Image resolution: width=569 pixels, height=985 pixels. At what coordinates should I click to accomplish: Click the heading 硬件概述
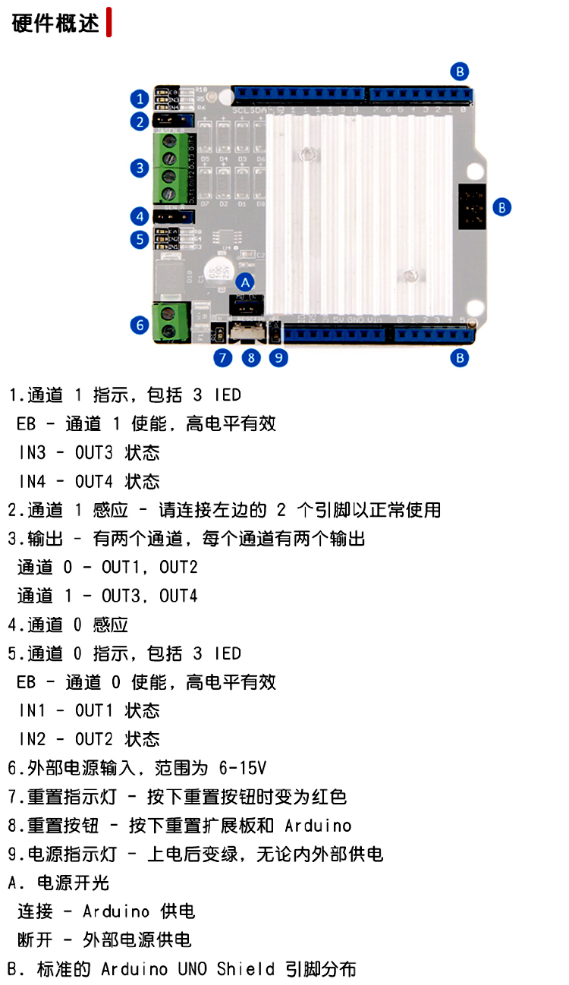click(x=55, y=23)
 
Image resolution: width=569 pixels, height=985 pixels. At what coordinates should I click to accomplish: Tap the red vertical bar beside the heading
click(x=109, y=22)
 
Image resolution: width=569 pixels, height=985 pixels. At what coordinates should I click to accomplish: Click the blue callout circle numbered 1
click(x=138, y=99)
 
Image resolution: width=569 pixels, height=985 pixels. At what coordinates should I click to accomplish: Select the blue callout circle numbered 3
click(x=138, y=168)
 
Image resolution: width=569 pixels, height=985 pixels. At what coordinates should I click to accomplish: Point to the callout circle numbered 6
click(x=138, y=325)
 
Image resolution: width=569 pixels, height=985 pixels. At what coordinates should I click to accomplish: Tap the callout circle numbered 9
click(x=279, y=357)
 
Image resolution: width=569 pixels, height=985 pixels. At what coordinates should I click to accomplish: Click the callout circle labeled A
click(x=244, y=280)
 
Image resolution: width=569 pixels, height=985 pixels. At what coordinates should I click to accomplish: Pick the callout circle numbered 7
click(x=222, y=357)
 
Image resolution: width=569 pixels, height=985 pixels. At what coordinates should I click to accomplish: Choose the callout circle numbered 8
click(x=250, y=357)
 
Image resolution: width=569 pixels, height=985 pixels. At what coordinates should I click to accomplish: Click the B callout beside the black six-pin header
click(x=502, y=206)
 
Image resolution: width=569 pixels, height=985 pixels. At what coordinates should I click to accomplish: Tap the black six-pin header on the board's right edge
click(x=472, y=206)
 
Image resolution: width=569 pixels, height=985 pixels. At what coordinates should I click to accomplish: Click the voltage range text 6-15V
click(x=241, y=767)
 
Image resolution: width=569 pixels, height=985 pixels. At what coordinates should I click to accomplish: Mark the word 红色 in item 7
click(x=329, y=796)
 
